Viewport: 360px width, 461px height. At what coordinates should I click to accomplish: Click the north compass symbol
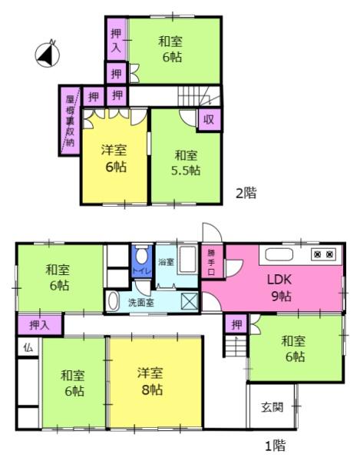(x=48, y=55)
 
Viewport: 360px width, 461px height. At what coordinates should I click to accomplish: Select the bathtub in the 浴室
(x=187, y=260)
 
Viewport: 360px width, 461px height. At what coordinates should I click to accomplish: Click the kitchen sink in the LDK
(x=279, y=254)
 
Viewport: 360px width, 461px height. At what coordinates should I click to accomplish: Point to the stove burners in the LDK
(x=324, y=254)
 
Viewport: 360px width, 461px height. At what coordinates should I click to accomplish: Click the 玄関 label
(x=272, y=407)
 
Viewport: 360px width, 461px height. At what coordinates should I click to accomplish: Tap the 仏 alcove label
(x=28, y=348)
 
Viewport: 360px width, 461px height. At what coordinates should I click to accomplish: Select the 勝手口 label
(x=211, y=262)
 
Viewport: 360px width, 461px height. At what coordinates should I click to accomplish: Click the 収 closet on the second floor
(x=209, y=119)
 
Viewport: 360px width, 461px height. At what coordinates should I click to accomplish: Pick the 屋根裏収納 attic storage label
(x=70, y=121)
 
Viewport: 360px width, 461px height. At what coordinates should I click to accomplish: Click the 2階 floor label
(x=246, y=193)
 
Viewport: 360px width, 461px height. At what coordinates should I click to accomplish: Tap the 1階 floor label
(x=275, y=445)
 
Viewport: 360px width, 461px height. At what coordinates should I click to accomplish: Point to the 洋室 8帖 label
(x=150, y=381)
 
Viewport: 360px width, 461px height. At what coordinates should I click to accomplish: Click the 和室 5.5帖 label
(x=186, y=163)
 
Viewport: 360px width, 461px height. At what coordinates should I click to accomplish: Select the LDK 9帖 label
(x=279, y=287)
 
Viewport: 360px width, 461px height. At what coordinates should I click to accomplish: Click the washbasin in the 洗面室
(x=112, y=301)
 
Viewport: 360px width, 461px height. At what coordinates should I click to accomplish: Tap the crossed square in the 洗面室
(x=189, y=301)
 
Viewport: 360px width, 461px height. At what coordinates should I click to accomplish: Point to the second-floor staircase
(x=200, y=95)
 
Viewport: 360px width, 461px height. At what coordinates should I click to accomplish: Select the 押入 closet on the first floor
(x=40, y=325)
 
